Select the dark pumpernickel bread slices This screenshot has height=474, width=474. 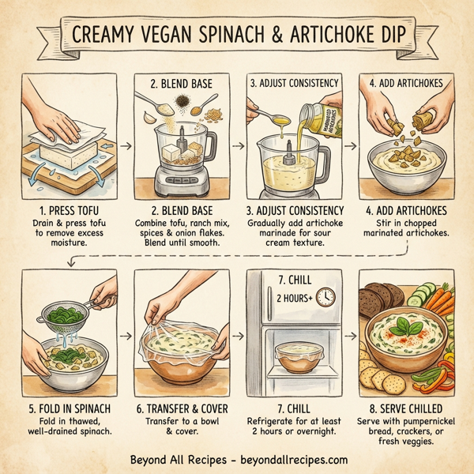pyautogui.click(x=384, y=300)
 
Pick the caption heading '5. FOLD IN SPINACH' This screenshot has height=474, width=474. pyautogui.click(x=61, y=409)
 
